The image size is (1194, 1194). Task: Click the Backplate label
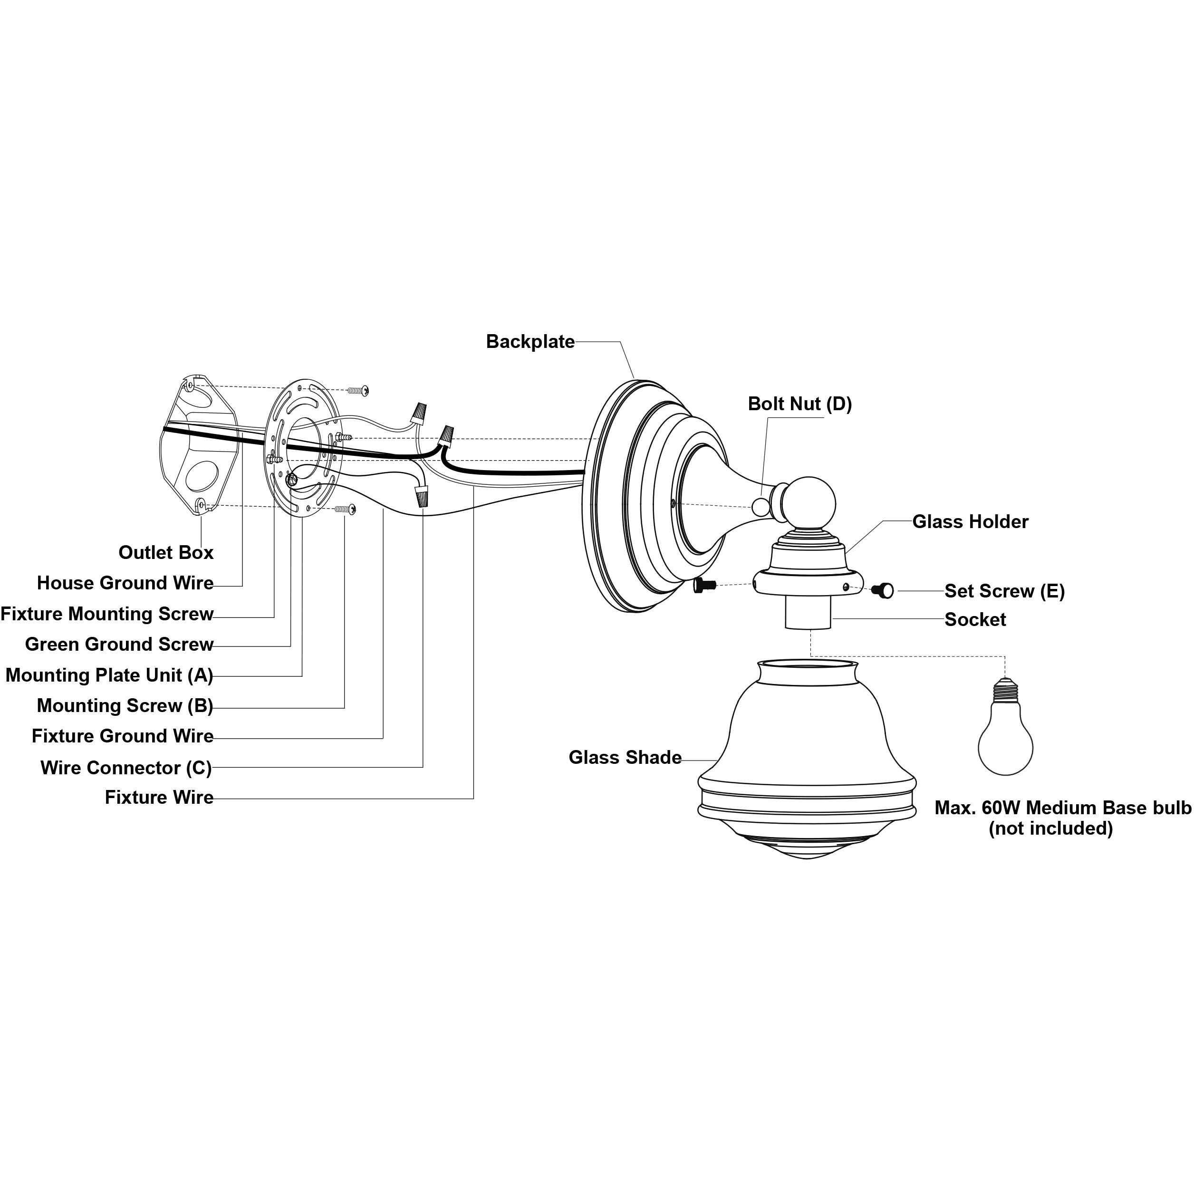[x=530, y=342]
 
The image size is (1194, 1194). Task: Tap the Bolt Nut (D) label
[x=799, y=404]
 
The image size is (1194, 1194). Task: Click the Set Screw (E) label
[x=1004, y=591]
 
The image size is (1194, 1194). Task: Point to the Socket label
[x=975, y=619]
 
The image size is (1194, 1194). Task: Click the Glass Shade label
[x=625, y=757]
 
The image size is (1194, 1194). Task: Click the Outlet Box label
[x=165, y=552]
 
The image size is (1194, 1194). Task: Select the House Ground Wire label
[x=125, y=583]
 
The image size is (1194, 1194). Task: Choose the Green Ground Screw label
[x=119, y=644]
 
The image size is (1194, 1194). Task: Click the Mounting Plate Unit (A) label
[x=109, y=675]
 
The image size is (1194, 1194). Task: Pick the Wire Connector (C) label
[x=126, y=768]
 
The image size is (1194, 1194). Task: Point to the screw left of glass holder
[x=704, y=585]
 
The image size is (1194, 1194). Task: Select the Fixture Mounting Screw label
[x=106, y=614]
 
